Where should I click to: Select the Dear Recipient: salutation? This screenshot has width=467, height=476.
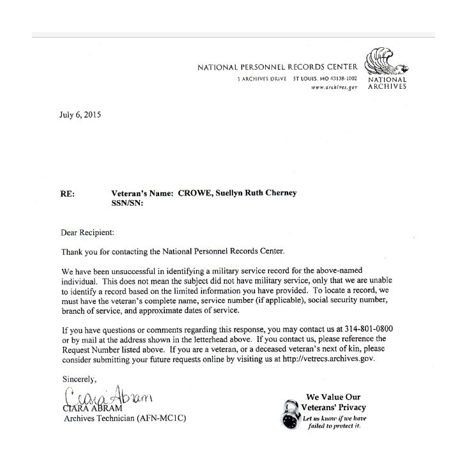(x=86, y=233)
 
